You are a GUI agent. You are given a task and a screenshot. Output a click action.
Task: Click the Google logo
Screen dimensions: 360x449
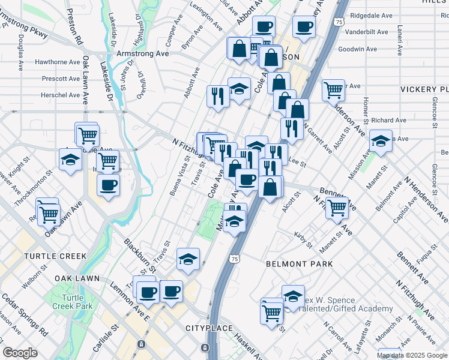[x=20, y=353]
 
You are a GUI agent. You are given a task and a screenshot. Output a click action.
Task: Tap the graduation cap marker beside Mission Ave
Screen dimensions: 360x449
[x=381, y=142]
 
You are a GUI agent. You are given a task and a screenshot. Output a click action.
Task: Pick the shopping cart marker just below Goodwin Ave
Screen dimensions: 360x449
[x=333, y=91]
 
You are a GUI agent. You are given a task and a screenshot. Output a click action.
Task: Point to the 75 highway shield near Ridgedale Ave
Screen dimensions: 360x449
[x=339, y=22]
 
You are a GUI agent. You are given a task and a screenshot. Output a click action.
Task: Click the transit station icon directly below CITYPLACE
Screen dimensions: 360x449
[x=205, y=347]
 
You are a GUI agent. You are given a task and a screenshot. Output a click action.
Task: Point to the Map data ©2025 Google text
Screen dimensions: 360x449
[x=412, y=355]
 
